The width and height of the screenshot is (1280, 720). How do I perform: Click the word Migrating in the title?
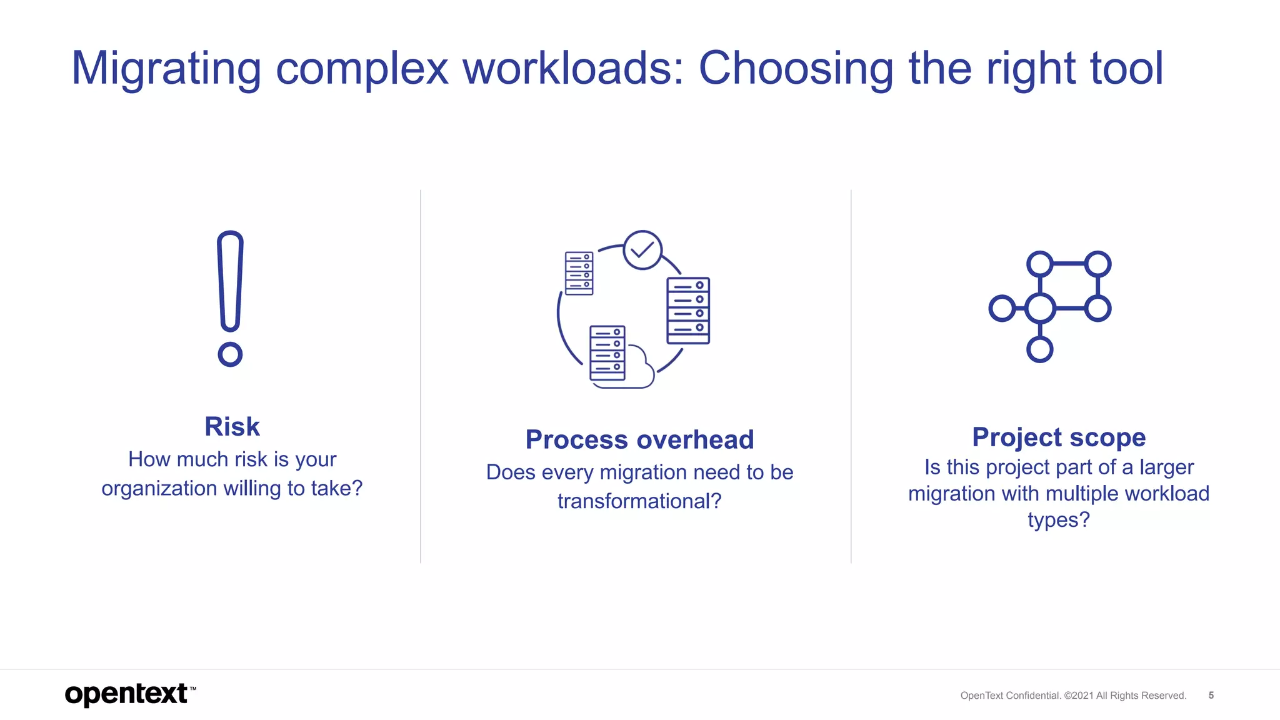coord(166,69)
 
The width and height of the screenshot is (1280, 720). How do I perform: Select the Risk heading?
coord(232,427)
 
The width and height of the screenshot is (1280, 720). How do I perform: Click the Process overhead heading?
coord(639,439)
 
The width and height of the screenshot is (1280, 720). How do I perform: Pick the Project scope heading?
coord(1059,437)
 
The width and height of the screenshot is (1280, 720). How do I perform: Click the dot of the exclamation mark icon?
coord(230,354)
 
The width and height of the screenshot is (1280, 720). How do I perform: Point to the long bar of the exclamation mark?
coord(230,281)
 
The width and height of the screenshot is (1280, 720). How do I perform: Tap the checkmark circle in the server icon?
coord(642,250)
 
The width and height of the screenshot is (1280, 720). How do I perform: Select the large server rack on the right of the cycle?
coord(688,311)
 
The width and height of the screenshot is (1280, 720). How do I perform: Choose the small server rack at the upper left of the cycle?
coord(579,273)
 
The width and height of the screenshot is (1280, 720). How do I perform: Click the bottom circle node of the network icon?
coord(1040,349)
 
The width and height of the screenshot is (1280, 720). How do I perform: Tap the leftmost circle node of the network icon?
coord(1002,308)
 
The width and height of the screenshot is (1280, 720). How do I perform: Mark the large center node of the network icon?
coord(1041,308)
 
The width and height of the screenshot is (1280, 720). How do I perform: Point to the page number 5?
coord(1211,695)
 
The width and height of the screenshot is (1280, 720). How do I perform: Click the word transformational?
coord(639,501)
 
